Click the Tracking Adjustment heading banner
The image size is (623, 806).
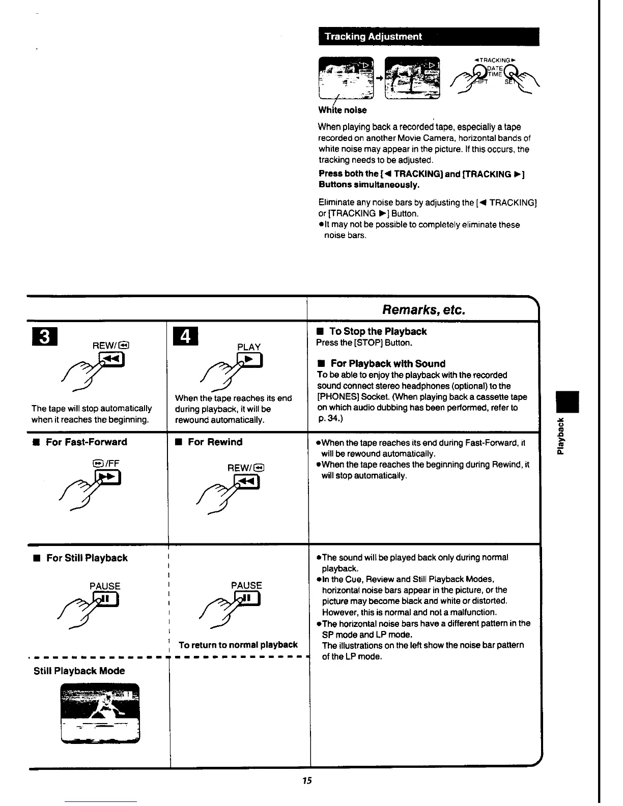pos(428,37)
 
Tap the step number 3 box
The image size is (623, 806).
pos(43,336)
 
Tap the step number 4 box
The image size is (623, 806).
pos(185,336)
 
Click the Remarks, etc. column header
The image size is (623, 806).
pos(423,310)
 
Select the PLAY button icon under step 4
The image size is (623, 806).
pos(250,361)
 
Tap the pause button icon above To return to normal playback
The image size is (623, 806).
pos(247,599)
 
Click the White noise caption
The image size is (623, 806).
pos(342,110)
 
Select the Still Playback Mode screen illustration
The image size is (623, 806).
pos(100,713)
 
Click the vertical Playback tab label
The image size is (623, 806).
pos(560,436)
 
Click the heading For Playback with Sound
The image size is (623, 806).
pos(387,364)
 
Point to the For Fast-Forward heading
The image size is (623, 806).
pos(86,442)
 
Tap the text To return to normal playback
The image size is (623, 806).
pos(238,645)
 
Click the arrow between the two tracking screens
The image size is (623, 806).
pos(379,79)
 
